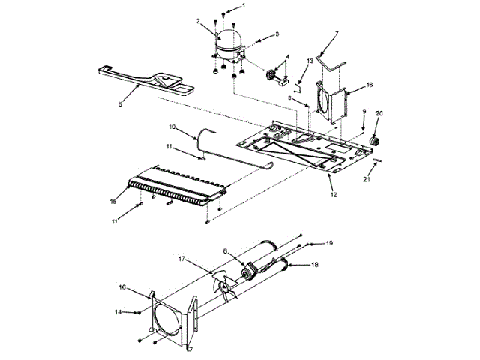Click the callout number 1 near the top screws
tap(242, 5)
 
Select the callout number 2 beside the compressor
tap(198, 22)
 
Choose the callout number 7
tap(337, 34)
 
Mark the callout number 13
tap(310, 60)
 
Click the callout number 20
tap(379, 114)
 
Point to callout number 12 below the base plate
tap(334, 195)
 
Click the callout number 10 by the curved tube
tap(172, 127)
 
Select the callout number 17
tap(181, 259)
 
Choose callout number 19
tap(328, 244)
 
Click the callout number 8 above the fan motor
tap(223, 251)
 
